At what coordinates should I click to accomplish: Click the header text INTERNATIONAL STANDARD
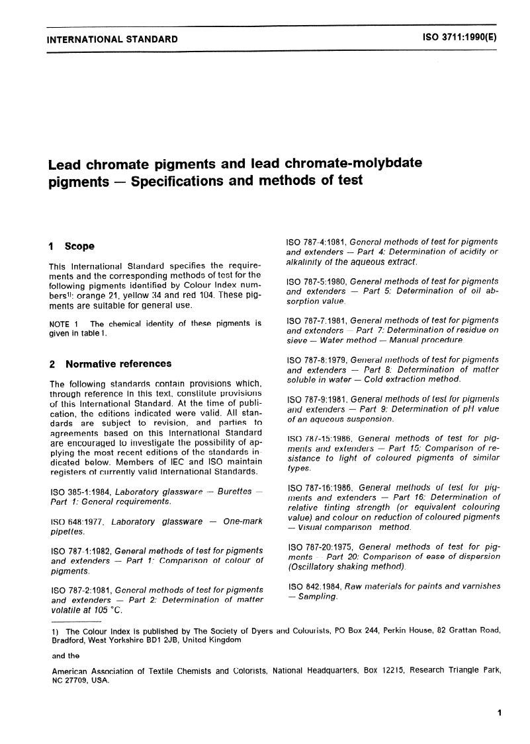(112, 39)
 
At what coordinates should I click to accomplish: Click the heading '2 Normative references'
(110, 363)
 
